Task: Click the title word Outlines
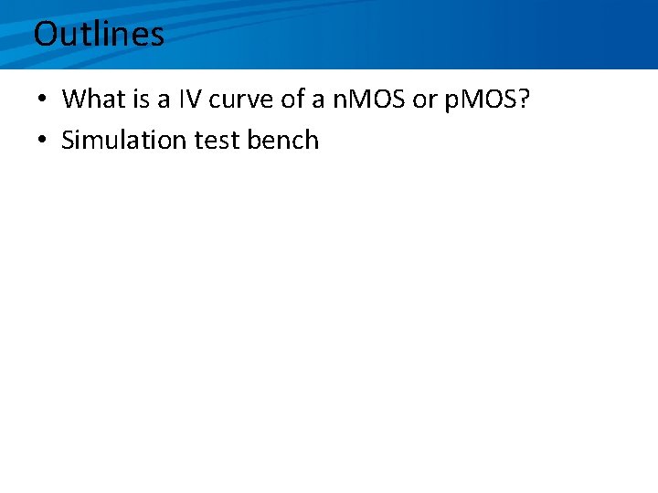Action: point(99,35)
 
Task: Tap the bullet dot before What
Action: point(43,100)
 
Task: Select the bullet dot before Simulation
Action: point(43,141)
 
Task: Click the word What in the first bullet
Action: point(95,99)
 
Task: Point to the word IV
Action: point(191,99)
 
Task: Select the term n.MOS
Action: point(370,99)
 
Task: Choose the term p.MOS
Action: point(479,99)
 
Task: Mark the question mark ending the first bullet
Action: point(524,99)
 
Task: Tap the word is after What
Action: point(143,99)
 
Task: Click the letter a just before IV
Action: point(165,100)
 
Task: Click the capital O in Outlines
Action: point(46,35)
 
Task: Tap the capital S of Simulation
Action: point(68,140)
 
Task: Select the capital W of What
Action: point(74,99)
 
